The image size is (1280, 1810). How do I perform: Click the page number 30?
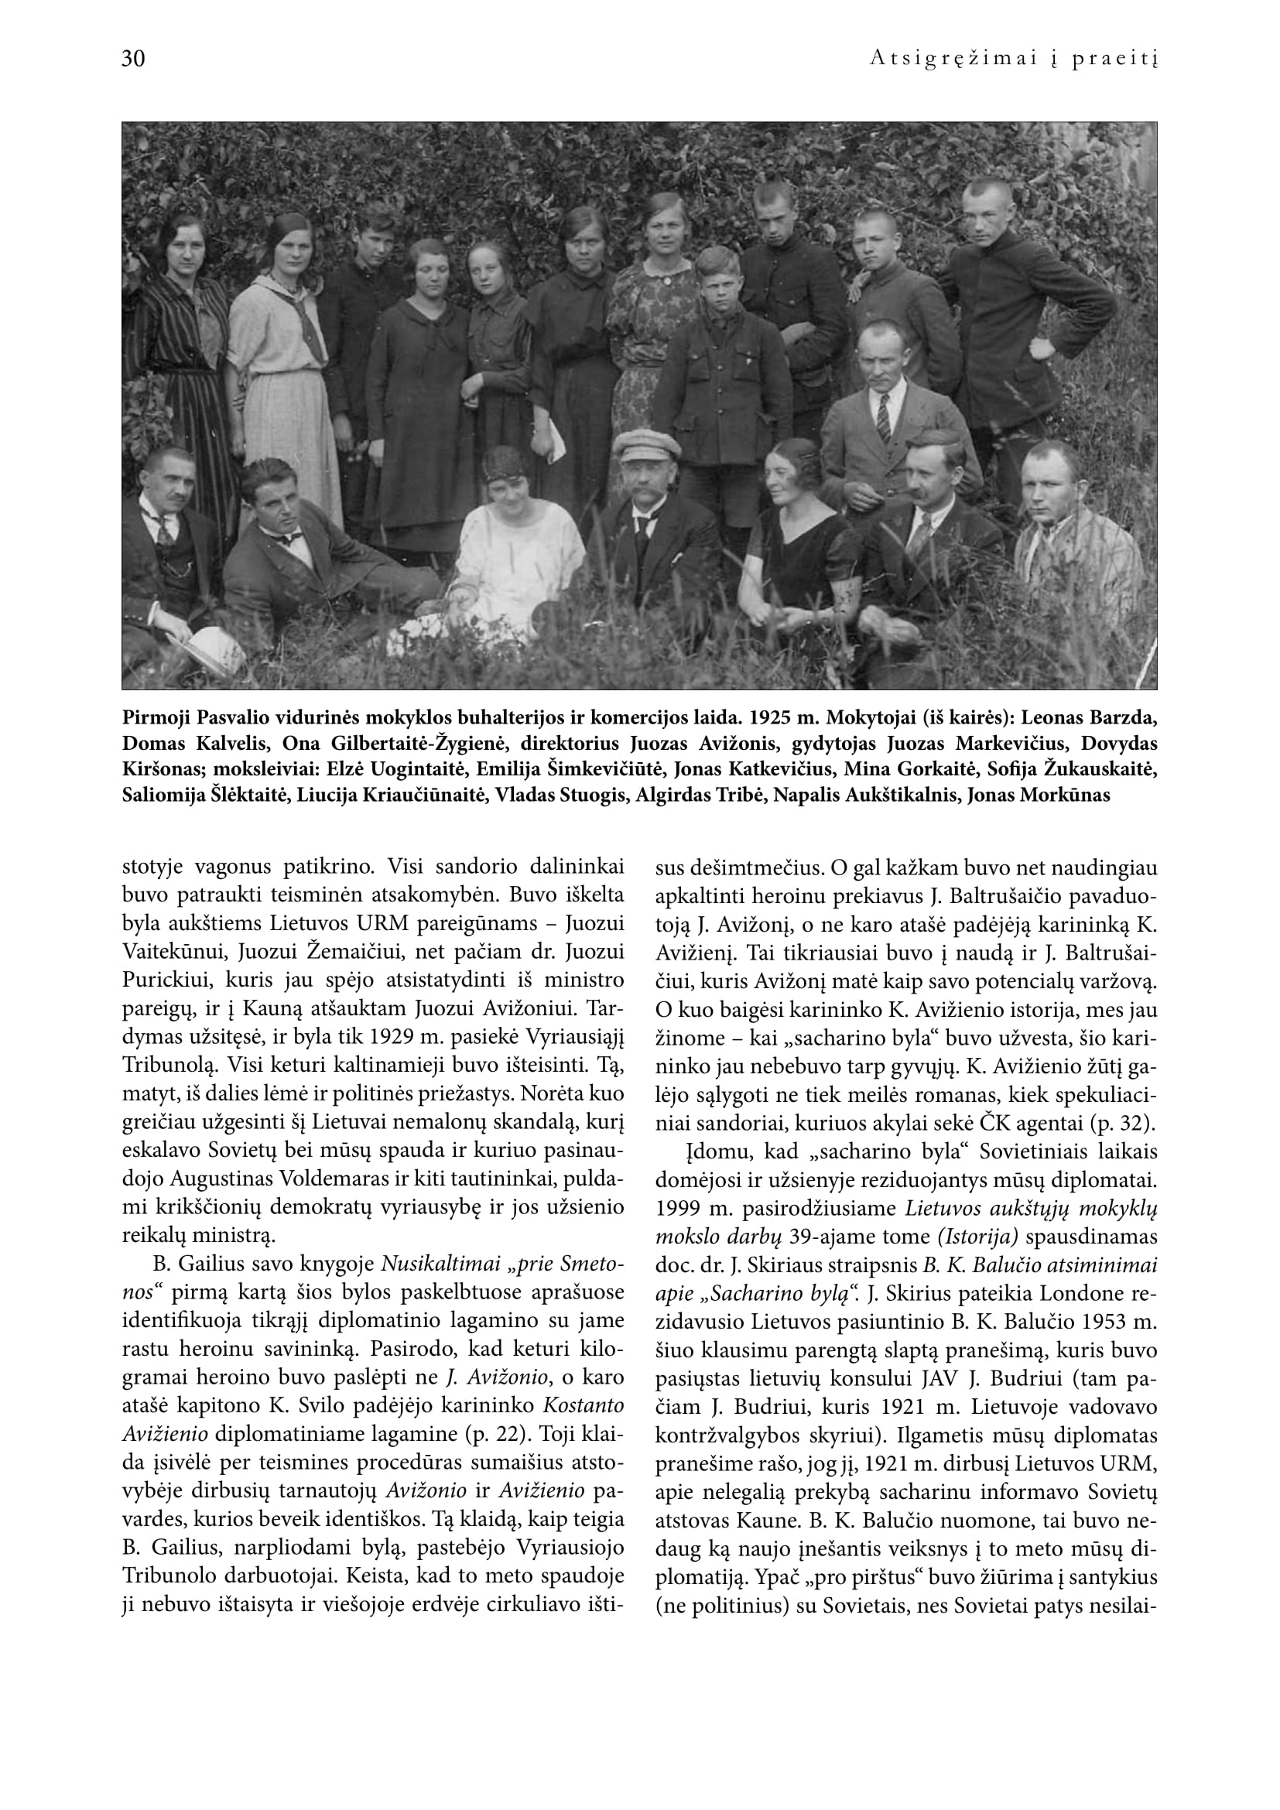[133, 59]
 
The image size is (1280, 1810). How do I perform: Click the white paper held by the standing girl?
[558, 445]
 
